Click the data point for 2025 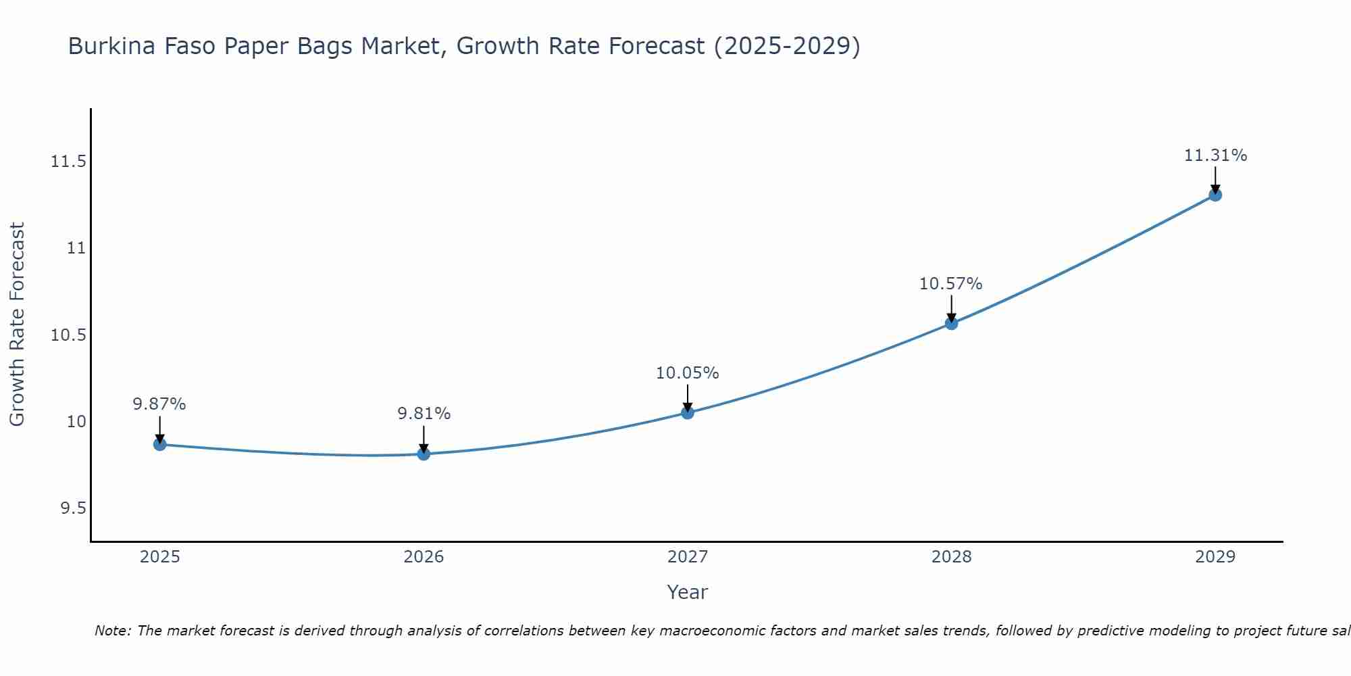pos(159,444)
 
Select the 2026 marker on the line pos(424,454)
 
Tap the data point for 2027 pos(688,412)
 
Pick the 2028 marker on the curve pos(951,323)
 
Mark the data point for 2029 pos(1215,195)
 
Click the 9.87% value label pos(159,404)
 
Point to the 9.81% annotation pos(424,414)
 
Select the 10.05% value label pos(688,373)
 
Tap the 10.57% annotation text pos(951,284)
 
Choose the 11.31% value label pos(1215,155)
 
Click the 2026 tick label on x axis pos(424,557)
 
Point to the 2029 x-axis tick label pos(1215,557)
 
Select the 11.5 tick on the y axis pos(68,162)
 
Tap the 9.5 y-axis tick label pos(73,508)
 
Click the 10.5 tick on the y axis pos(68,335)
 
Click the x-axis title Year pos(687,592)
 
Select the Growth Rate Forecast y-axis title pos(17,324)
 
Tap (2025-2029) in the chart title pos(787,47)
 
